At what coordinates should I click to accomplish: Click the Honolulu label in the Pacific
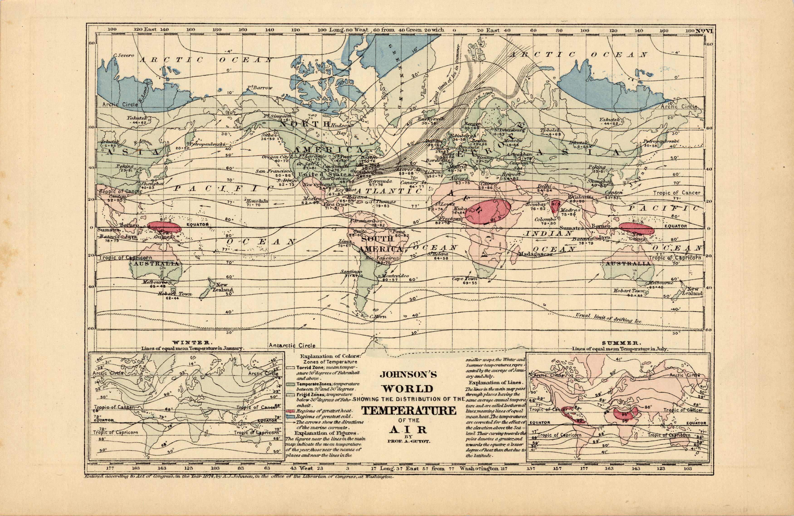pos(257,201)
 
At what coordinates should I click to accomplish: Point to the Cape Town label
pos(465,278)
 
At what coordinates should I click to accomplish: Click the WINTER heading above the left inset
pos(191,343)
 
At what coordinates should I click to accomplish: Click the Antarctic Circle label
pos(292,345)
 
